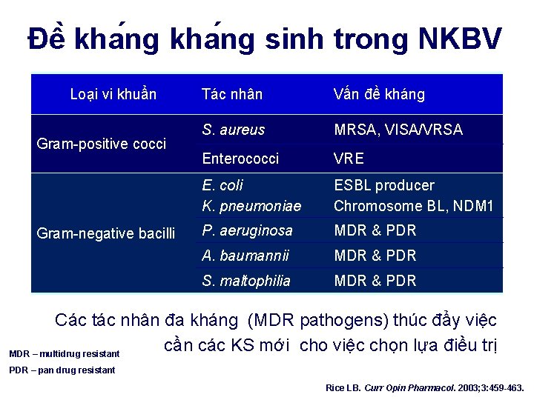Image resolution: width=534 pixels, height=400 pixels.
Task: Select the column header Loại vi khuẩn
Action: pos(113,94)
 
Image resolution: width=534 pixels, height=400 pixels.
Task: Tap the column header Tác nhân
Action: pos(232,94)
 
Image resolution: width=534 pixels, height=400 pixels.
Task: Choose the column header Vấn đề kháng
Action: pos(379,94)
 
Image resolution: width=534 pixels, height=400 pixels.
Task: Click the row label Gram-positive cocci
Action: pos(102,144)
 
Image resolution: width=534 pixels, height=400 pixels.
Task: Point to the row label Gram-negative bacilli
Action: pos(105,234)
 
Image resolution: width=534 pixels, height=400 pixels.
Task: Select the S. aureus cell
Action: pos(233,130)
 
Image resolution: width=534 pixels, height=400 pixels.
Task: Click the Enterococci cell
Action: pos(240,159)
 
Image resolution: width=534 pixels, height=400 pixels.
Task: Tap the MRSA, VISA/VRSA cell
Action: pos(398,130)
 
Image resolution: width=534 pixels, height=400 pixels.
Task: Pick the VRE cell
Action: pos(349,159)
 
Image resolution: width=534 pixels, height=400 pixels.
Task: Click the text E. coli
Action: pos(222,185)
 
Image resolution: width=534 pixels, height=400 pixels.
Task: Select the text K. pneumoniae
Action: pos(251,206)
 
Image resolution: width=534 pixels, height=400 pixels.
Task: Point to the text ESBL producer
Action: pos(384,185)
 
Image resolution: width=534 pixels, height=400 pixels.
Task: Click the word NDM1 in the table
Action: pos(473,206)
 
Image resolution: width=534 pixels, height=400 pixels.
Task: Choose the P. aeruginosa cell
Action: pos(247,230)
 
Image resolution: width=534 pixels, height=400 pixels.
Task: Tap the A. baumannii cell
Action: pos(245,256)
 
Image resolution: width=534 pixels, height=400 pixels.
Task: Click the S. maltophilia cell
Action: pos(246,281)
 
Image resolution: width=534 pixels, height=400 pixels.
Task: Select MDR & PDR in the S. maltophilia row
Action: pos(375,281)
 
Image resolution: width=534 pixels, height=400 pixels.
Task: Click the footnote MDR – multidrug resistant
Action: pos(64,354)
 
